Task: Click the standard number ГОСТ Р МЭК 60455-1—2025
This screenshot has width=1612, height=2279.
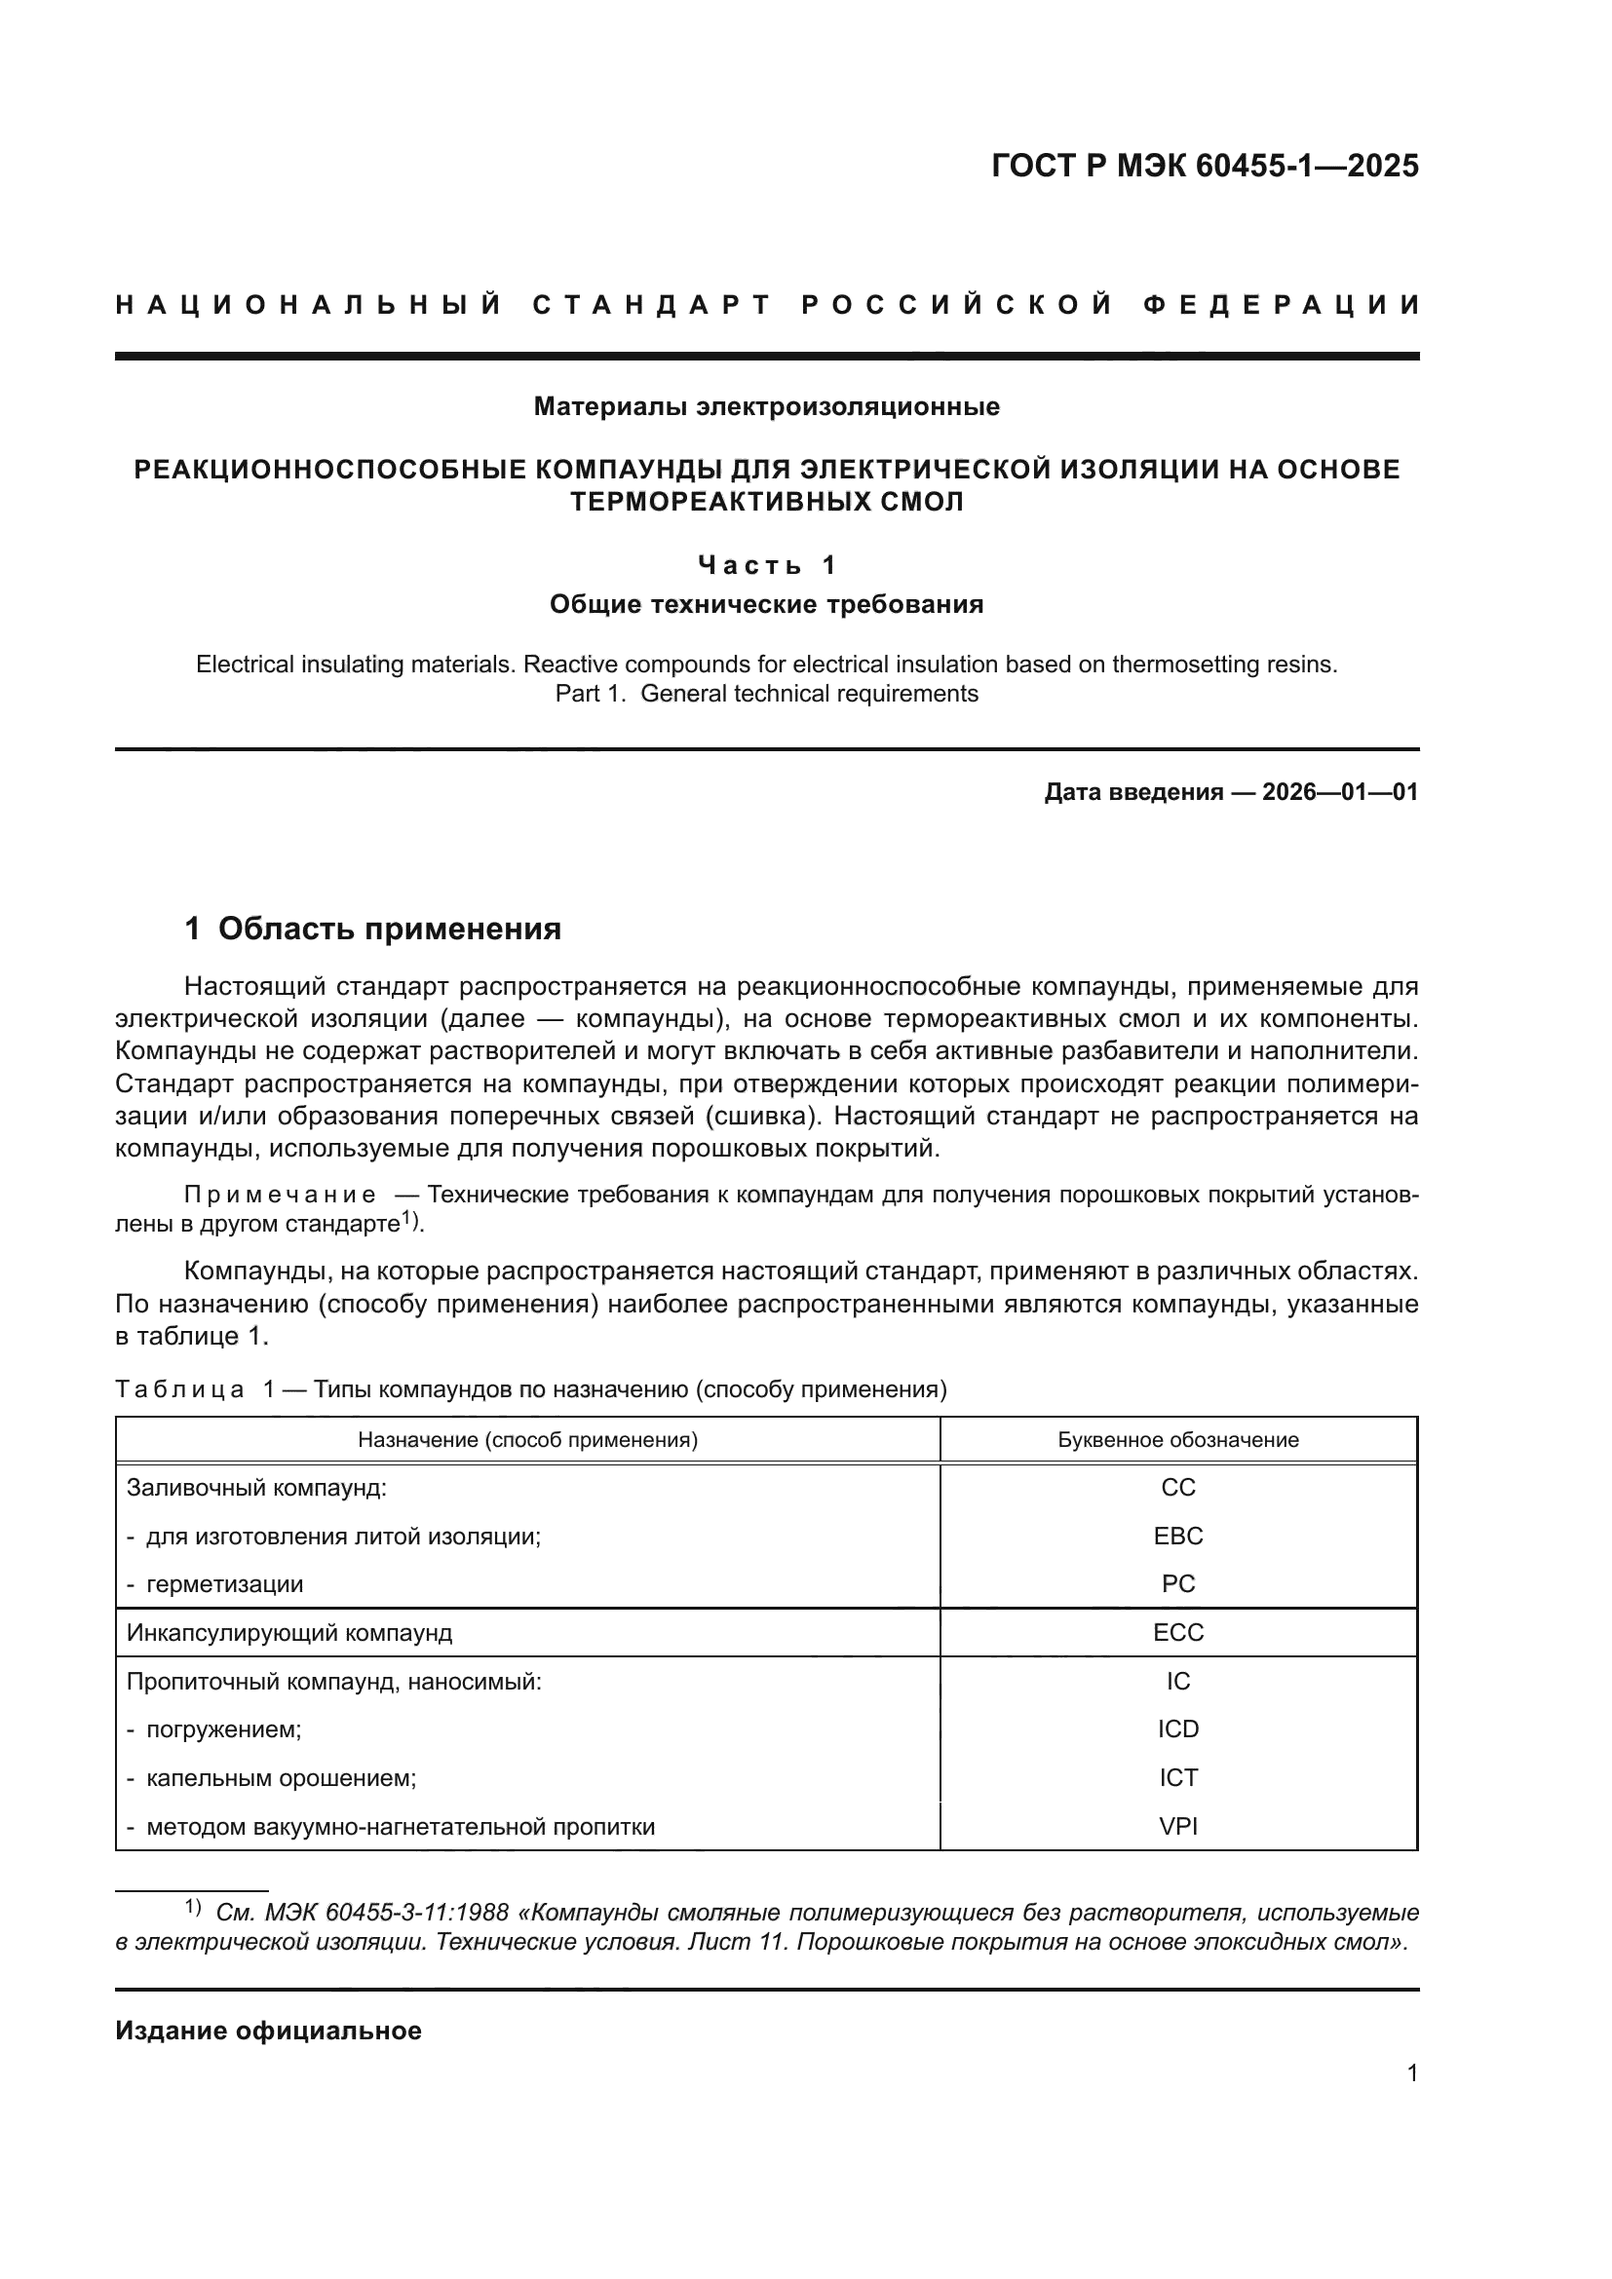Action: click(1204, 166)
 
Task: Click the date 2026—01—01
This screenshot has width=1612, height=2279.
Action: click(1339, 792)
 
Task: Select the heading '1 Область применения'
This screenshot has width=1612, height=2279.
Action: click(373, 930)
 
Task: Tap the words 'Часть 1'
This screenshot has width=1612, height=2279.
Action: click(766, 566)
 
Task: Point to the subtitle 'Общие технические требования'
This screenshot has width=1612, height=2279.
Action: click(766, 604)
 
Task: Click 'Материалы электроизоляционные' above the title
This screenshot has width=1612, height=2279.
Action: click(766, 406)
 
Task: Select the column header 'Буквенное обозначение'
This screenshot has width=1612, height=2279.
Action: click(1178, 1440)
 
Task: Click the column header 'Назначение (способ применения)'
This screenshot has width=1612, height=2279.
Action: click(527, 1440)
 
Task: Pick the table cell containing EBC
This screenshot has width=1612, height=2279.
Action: click(1178, 1537)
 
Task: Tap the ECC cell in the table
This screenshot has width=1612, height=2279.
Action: click(1178, 1633)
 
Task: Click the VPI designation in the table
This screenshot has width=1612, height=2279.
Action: click(1178, 1826)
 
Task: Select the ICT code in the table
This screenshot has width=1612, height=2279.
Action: click(1178, 1778)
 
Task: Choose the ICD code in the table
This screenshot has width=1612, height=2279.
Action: click(1178, 1729)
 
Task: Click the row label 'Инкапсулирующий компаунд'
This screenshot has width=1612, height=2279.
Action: click(288, 1633)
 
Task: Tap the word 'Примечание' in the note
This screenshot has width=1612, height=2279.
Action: click(280, 1196)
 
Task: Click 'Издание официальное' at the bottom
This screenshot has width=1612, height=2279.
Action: click(268, 2031)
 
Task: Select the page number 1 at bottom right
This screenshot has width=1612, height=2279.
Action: click(1411, 2072)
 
